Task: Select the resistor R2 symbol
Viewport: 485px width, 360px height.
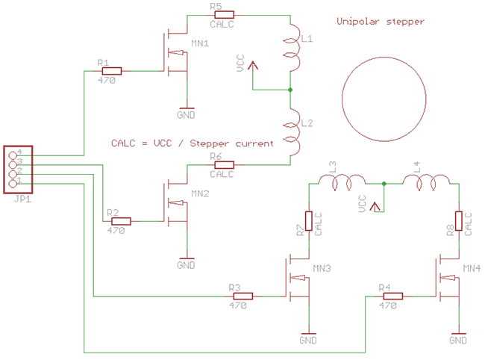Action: (x=119, y=221)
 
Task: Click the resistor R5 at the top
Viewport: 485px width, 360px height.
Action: (x=222, y=14)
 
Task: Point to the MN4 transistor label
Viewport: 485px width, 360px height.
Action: (x=472, y=267)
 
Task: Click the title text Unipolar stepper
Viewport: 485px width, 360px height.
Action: (x=380, y=22)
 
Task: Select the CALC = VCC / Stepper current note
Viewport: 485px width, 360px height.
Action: (x=192, y=143)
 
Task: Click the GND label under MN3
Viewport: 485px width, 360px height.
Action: (x=307, y=341)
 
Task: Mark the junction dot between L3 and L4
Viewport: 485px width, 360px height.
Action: (x=384, y=183)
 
